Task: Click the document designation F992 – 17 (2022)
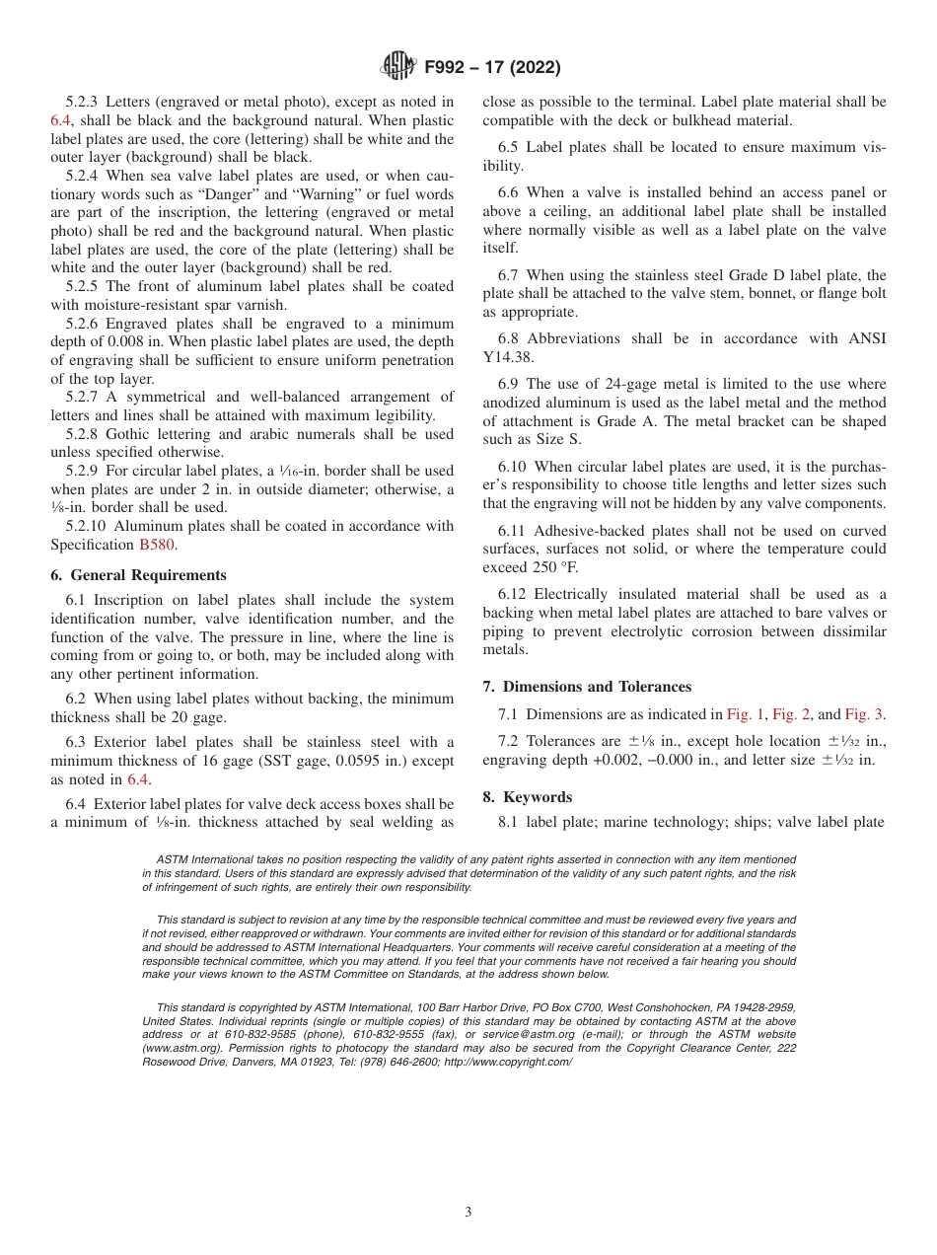pos(491,68)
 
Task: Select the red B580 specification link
pos(156,545)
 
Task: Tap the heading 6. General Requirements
pos(138,575)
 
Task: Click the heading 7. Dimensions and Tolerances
pos(587,687)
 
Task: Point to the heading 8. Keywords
pos(528,797)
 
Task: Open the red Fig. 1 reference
pos(745,714)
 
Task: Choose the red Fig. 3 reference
pos(864,714)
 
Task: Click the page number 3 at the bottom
pos(468,1213)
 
